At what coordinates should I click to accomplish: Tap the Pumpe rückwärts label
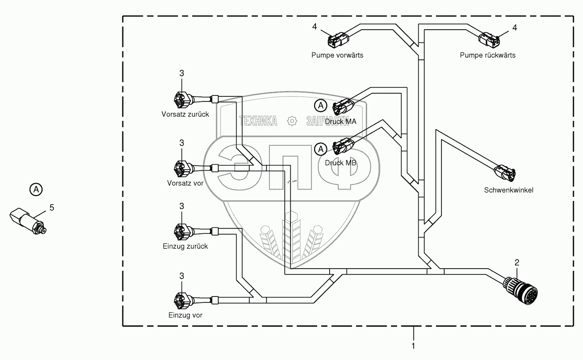coord(488,55)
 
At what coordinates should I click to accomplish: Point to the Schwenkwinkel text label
coord(509,190)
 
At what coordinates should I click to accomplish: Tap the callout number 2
coord(517,263)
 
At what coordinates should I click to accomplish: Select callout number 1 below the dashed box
coord(414,346)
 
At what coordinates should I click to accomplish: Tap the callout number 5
coord(52,208)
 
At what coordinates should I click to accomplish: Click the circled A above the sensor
coord(36,189)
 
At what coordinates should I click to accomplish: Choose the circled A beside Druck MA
coord(321,106)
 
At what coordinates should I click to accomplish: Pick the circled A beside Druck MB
coord(321,149)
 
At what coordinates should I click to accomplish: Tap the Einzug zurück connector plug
coord(181,231)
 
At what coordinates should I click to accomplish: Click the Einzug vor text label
coord(185,315)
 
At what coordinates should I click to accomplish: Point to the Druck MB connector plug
coord(343,147)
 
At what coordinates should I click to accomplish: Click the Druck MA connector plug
coord(343,106)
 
